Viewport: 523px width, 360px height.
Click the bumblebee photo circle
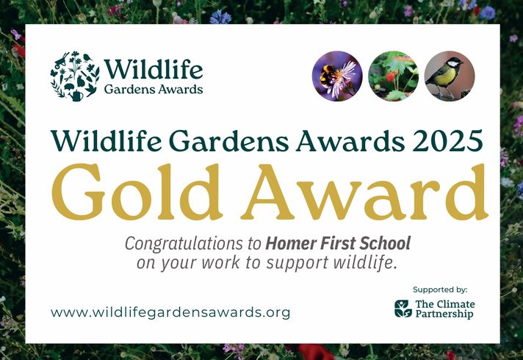pyautogui.click(x=337, y=76)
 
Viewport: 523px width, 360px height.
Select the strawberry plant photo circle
pyautogui.click(x=393, y=76)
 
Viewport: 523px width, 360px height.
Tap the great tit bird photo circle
pyautogui.click(x=450, y=76)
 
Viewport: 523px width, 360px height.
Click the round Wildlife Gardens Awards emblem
pyautogui.click(x=75, y=76)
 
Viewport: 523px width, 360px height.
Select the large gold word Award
pyautogui.click(x=364, y=192)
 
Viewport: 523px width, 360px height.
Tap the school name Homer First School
pyautogui.click(x=338, y=243)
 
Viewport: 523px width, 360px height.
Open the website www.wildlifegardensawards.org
pyautogui.click(x=170, y=313)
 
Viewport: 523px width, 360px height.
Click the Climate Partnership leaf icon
pyautogui.click(x=403, y=309)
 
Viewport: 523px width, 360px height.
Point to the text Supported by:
pyautogui.click(x=440, y=289)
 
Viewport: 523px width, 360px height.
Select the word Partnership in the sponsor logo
pyautogui.click(x=444, y=314)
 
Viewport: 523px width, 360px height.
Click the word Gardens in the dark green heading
pyautogui.click(x=231, y=140)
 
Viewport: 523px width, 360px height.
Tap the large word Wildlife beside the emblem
pyautogui.click(x=153, y=69)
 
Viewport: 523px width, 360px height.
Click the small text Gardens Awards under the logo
pyautogui.click(x=154, y=90)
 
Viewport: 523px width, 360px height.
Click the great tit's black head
pyautogui.click(x=454, y=62)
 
